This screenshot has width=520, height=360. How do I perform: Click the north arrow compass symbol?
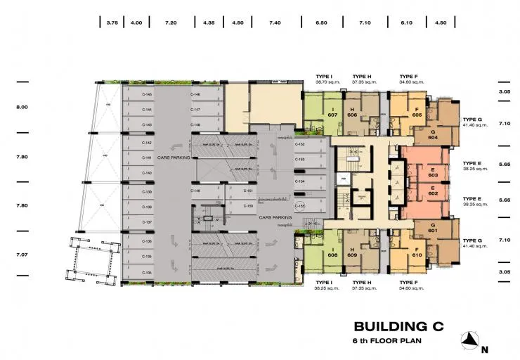click(x=471, y=342)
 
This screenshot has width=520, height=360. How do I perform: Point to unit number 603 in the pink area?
click(x=434, y=176)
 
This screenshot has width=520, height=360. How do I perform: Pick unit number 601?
click(x=433, y=230)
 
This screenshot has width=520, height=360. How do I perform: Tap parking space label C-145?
click(x=148, y=94)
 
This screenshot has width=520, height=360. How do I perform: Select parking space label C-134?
click(x=148, y=272)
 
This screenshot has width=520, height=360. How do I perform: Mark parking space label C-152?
click(x=299, y=144)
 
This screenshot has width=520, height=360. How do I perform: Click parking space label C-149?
click(x=196, y=191)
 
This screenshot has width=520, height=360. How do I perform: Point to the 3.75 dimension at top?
click(x=112, y=23)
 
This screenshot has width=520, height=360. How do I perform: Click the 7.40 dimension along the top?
click(x=275, y=23)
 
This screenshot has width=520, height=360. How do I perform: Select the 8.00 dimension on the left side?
click(x=22, y=108)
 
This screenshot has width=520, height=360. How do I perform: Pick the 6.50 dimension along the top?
click(x=322, y=23)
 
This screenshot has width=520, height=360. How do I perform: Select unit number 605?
click(x=417, y=115)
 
